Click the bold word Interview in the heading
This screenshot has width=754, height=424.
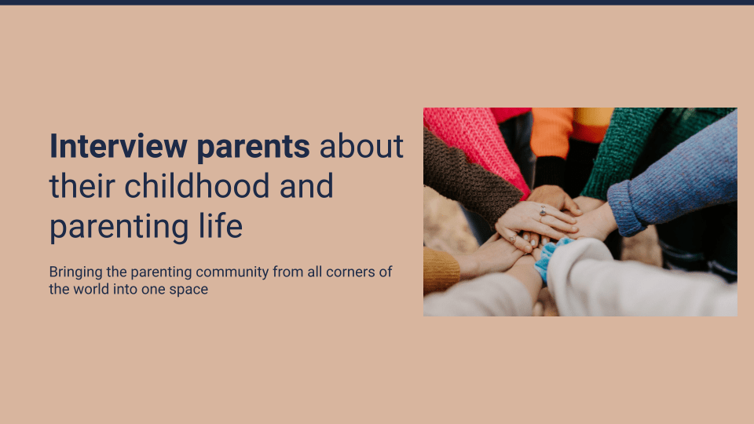(x=119, y=146)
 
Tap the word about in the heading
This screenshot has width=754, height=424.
(x=361, y=146)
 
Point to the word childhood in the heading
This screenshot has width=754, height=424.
(x=197, y=186)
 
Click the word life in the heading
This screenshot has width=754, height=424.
(x=221, y=226)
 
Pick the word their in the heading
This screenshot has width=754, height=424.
(x=82, y=186)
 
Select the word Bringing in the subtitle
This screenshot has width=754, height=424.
(x=75, y=272)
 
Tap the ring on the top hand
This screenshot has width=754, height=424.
(x=543, y=210)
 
